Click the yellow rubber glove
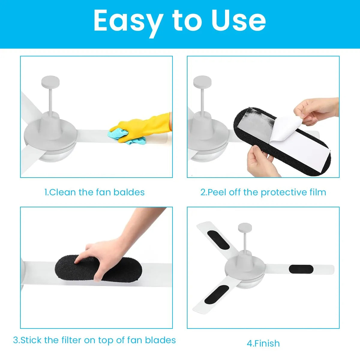click(x=142, y=127)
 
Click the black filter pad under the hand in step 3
click(x=98, y=268)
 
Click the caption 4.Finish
click(x=263, y=343)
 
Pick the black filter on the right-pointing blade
click(x=301, y=269)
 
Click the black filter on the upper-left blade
click(x=218, y=240)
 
